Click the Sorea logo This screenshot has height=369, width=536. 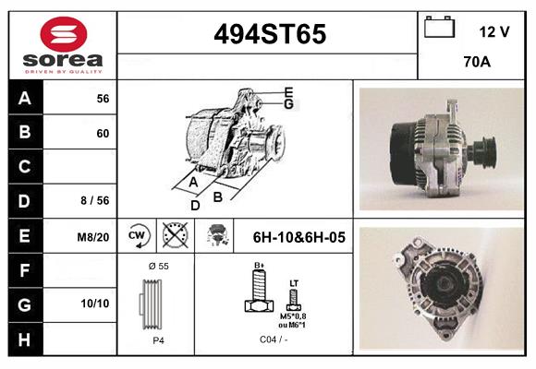62,44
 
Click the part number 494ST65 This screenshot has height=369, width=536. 269,35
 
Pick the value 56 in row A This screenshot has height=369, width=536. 103,99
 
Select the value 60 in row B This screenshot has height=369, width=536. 103,133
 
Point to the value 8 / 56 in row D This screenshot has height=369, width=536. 95,200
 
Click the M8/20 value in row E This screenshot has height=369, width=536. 93,237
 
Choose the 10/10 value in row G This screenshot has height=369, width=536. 96,304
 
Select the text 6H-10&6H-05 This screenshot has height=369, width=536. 298,237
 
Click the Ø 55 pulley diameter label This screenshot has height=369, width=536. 158,265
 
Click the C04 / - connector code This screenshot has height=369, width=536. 272,339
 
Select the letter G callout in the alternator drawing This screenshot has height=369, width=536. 288,104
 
